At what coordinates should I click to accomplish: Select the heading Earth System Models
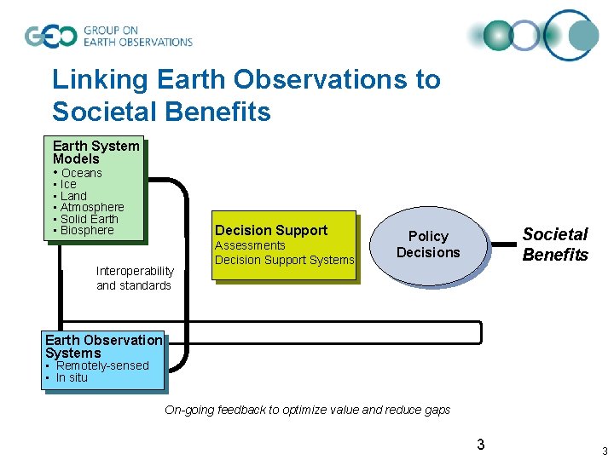[96, 152]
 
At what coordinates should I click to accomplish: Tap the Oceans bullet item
[81, 173]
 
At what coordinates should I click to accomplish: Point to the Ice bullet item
[68, 184]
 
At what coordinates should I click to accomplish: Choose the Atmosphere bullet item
[92, 207]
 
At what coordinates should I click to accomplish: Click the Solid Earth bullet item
[89, 219]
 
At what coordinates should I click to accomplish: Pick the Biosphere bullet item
[86, 230]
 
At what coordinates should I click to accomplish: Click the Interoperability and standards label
[135, 278]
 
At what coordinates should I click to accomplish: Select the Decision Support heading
[271, 230]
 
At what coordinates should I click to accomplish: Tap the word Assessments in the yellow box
[250, 245]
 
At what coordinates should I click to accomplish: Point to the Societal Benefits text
[555, 244]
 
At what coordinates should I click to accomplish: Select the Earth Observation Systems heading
[103, 346]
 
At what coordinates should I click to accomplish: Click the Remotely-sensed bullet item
[101, 365]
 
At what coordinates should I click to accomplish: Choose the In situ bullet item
[72, 377]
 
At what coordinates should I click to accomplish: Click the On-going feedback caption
[307, 410]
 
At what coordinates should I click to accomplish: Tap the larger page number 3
[481, 444]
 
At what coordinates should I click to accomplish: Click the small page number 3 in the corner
[604, 451]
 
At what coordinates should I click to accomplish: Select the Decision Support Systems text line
[284, 260]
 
